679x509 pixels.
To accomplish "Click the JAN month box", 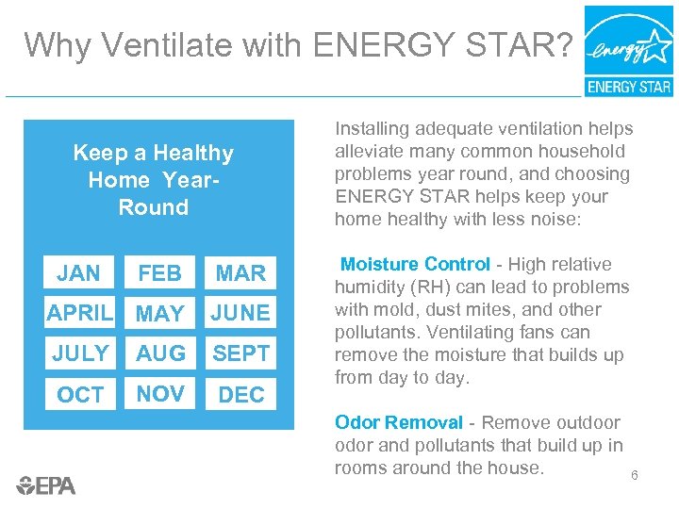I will [78, 273].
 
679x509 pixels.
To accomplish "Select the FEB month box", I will [159, 273].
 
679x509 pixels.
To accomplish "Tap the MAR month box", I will [241, 273].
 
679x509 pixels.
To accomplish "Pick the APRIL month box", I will [79, 313].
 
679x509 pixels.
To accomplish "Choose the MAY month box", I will [159, 313].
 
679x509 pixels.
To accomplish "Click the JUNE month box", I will [241, 313].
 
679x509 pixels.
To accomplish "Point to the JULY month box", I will [79, 353].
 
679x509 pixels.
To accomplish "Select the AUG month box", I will [159, 353].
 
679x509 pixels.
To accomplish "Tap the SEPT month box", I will [241, 353].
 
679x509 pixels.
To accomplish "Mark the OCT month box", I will [79, 394].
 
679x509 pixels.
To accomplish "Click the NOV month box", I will [159, 394].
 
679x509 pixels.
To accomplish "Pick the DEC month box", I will [241, 394].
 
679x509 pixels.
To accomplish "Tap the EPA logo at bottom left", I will [46, 485].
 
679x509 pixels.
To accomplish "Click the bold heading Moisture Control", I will [415, 265].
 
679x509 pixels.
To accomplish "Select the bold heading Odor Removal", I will [399, 423].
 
